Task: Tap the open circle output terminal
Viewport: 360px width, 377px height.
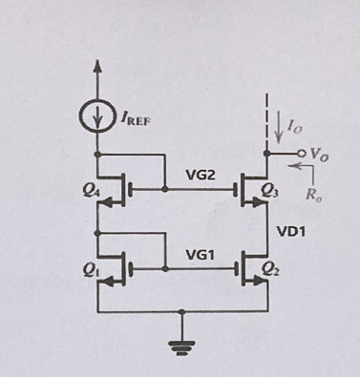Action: tap(298, 154)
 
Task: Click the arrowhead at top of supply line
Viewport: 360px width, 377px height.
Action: tap(97, 69)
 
